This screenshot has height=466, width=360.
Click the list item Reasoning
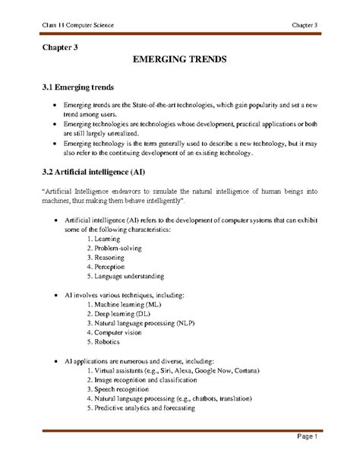(111, 258)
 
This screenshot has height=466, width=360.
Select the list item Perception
(112, 268)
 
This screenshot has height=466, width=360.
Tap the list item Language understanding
(125, 277)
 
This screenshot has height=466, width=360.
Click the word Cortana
(246, 369)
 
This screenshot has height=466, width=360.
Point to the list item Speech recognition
(122, 388)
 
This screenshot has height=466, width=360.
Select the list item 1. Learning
(109, 239)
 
